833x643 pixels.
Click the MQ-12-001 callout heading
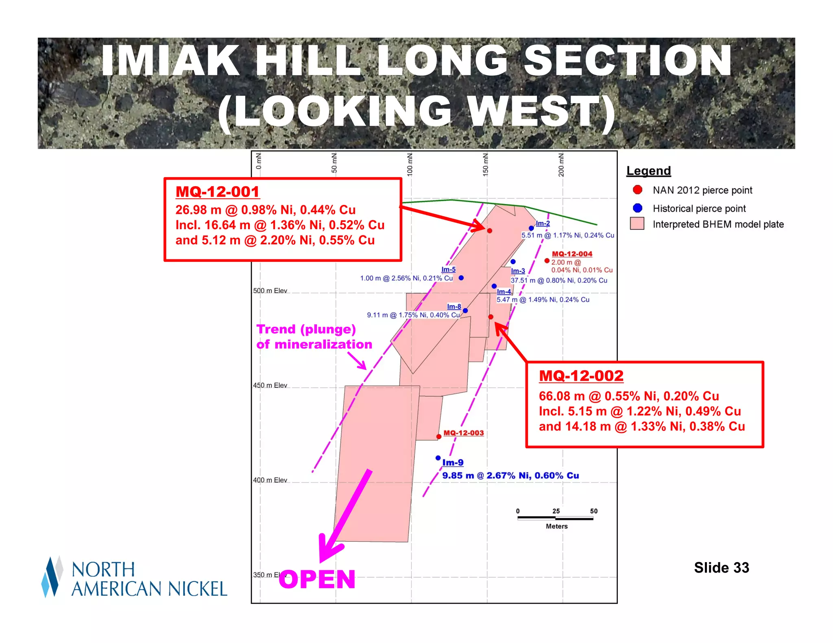(x=217, y=192)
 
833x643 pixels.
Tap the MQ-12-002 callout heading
(x=581, y=376)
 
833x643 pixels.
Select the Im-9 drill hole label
(x=453, y=463)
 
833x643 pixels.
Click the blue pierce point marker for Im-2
(x=531, y=228)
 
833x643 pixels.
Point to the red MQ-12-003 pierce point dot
(x=439, y=437)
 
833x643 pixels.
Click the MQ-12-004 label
(x=572, y=254)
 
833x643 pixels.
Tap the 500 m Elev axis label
(x=270, y=291)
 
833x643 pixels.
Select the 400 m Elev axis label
(x=270, y=480)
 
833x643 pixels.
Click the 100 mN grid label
(x=410, y=164)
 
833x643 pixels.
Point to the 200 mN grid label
(x=561, y=164)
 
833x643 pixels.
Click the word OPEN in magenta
(x=317, y=579)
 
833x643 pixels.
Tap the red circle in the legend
(x=637, y=190)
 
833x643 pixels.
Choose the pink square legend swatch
(x=637, y=224)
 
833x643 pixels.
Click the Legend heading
(x=648, y=171)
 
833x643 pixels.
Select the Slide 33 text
(x=721, y=567)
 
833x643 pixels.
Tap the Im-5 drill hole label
(x=448, y=269)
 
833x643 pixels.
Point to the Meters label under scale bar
(x=556, y=526)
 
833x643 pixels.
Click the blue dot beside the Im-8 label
(x=465, y=311)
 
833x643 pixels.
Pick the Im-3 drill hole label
(x=518, y=271)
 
